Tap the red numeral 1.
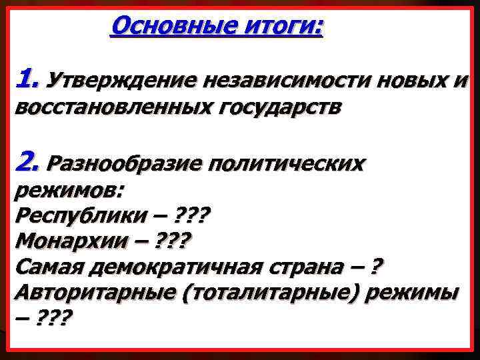click(x=27, y=80)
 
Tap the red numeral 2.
click(x=29, y=161)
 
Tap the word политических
click(x=286, y=163)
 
